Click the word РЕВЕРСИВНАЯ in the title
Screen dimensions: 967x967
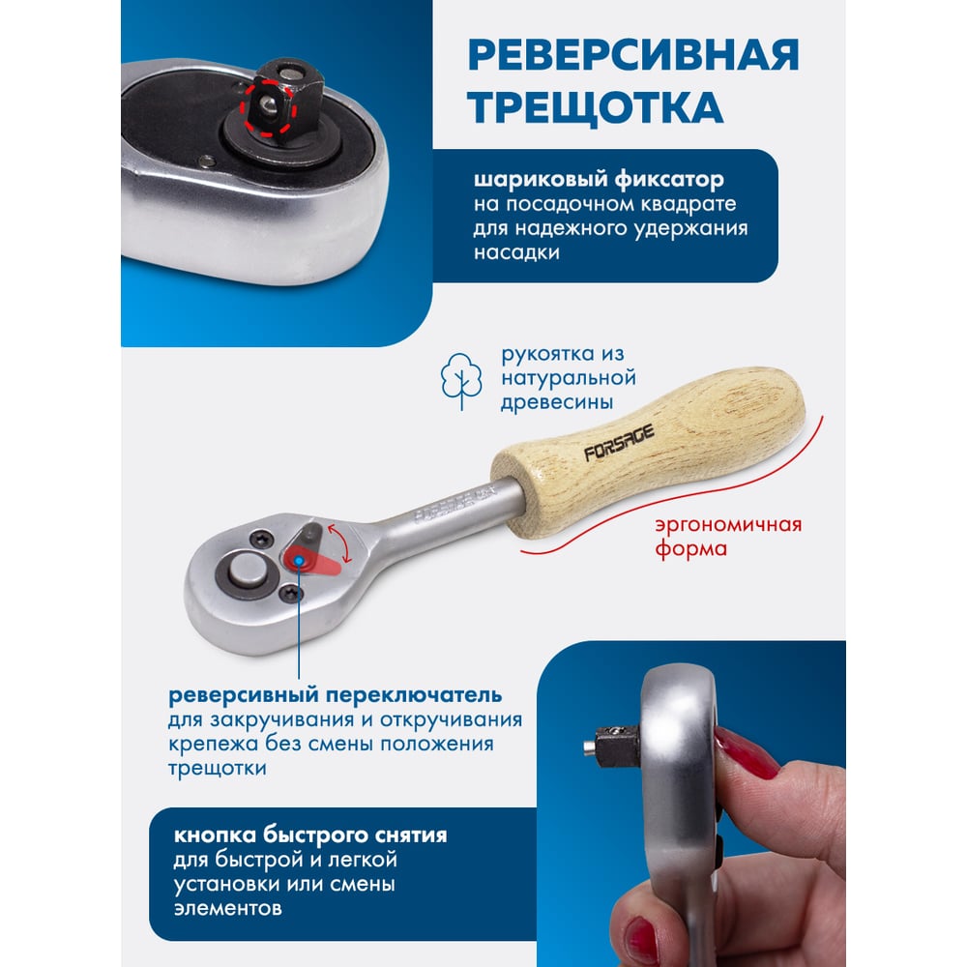(x=633, y=55)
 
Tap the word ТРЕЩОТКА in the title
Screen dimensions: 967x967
(x=595, y=107)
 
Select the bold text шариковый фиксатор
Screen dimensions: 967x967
(x=599, y=180)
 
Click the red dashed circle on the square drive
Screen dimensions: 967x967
(x=269, y=106)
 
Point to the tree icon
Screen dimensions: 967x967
(x=460, y=381)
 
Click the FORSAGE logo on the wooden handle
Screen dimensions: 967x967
(x=619, y=443)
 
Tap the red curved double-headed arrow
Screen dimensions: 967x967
(x=341, y=542)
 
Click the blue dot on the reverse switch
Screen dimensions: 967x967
(x=299, y=560)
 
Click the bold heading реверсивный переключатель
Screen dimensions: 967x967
(x=335, y=695)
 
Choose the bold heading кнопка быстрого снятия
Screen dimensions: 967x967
(x=310, y=835)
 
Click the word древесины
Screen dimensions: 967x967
(x=557, y=402)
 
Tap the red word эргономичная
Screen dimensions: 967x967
(x=728, y=525)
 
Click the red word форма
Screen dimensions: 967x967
(x=690, y=549)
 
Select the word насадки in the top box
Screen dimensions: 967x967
(x=516, y=252)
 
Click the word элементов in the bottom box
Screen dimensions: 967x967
(x=227, y=908)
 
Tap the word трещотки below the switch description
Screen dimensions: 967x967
(x=217, y=769)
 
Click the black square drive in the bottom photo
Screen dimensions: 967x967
(x=617, y=746)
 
